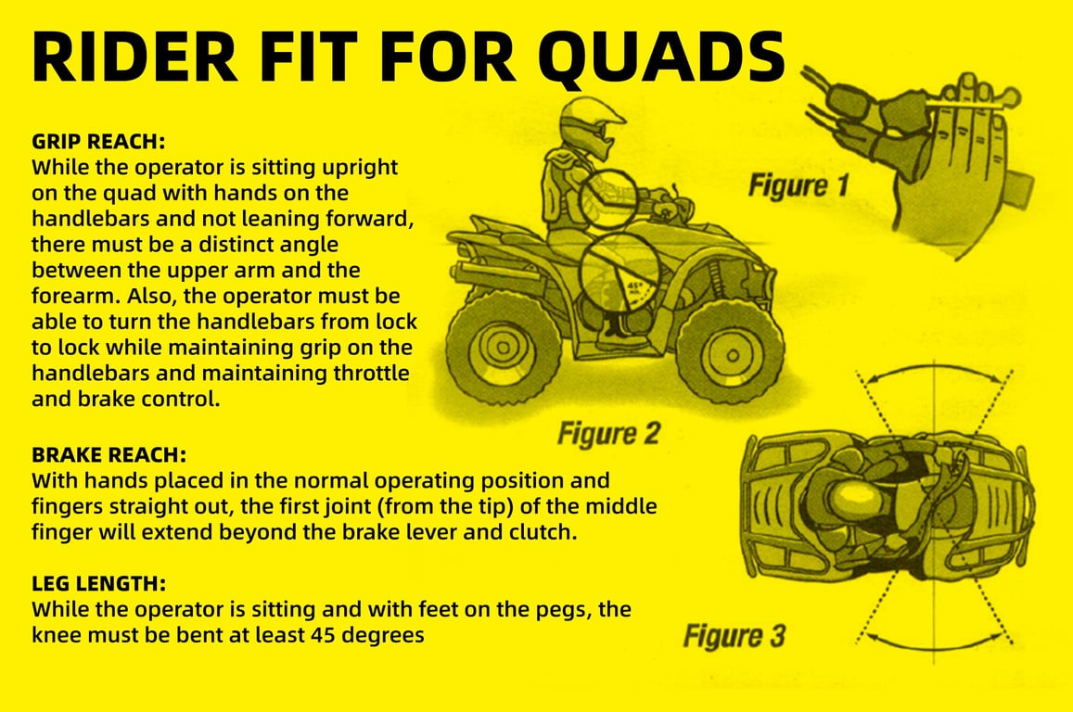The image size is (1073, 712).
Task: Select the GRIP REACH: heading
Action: tap(98, 144)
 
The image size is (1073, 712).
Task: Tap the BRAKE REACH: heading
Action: tap(109, 456)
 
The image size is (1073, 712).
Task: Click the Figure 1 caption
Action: tap(798, 186)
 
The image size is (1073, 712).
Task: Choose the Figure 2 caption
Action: tap(608, 434)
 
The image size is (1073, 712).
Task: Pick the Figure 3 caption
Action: tap(734, 636)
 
